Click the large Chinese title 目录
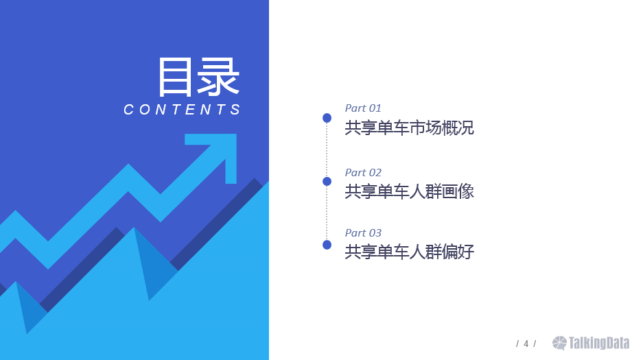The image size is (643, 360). point(198,77)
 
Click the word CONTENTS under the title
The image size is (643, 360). point(182,110)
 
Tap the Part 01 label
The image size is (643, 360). point(363,108)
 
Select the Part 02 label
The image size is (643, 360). point(363,172)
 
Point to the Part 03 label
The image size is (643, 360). point(363,232)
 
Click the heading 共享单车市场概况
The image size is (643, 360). point(409,128)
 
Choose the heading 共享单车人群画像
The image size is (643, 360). point(409,191)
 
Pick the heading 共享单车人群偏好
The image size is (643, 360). point(409,252)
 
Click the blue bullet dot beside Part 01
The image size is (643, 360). point(327,118)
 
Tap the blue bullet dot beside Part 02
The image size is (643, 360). point(327,181)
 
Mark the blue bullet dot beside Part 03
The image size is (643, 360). point(327,245)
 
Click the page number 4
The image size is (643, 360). point(526,344)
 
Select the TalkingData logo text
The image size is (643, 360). point(598,343)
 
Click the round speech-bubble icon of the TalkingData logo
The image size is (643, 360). point(559,343)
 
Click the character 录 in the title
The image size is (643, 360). point(218,77)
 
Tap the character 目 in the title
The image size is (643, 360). point(175,77)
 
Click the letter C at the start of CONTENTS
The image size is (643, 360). point(128,110)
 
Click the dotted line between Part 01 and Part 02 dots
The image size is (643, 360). point(327,149)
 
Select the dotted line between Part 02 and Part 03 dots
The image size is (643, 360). point(327,213)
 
